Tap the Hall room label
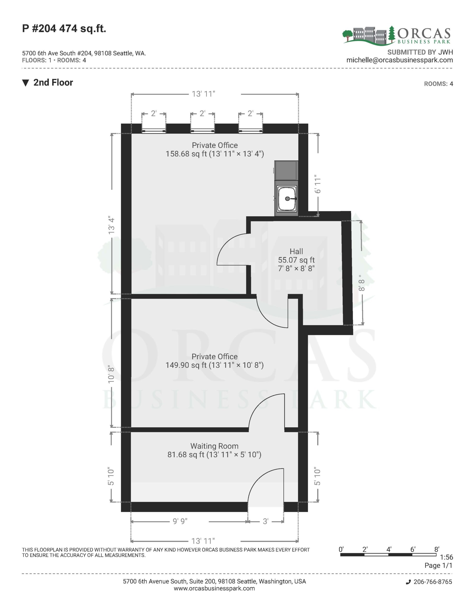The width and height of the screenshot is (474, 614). (x=296, y=251)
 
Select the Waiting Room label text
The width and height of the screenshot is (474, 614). (x=214, y=446)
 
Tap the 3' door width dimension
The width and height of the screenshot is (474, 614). (x=266, y=521)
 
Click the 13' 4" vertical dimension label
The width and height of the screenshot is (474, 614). (x=111, y=225)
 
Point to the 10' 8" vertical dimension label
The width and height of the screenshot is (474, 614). (x=111, y=374)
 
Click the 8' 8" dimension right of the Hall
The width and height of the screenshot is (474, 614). (x=362, y=283)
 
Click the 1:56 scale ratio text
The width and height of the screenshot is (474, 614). (x=446, y=557)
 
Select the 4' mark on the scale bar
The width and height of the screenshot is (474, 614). (x=389, y=549)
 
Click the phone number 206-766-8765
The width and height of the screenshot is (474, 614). (x=433, y=582)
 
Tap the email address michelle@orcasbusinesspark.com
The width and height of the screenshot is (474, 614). (x=399, y=60)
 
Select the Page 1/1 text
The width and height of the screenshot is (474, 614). (x=438, y=565)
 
